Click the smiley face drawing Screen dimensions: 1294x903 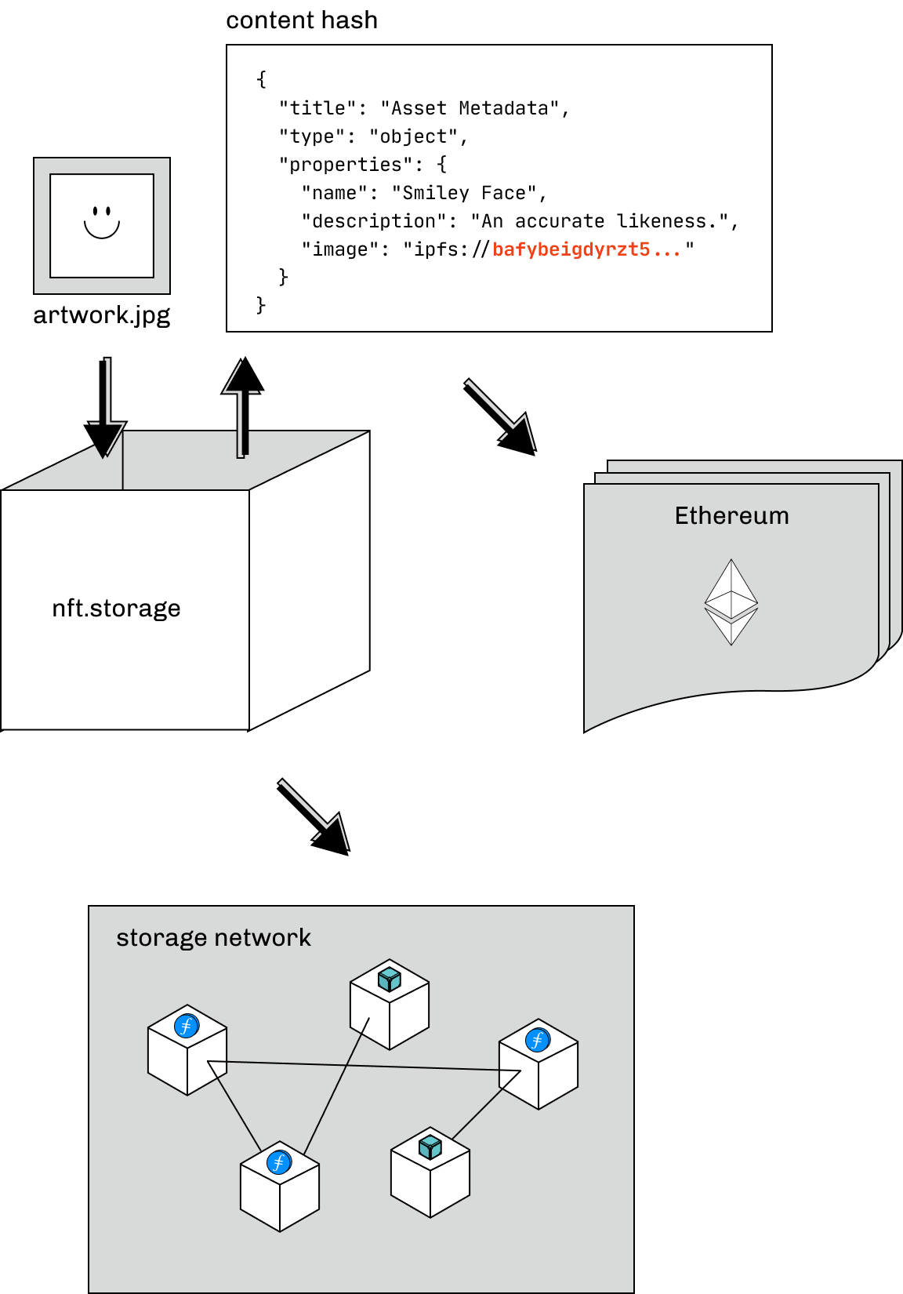point(102,222)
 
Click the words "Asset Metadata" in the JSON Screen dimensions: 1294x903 point(470,108)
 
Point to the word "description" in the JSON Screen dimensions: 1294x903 point(374,221)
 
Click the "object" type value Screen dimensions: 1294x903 point(413,136)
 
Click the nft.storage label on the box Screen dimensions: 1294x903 point(116,609)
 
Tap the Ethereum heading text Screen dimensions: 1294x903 point(731,516)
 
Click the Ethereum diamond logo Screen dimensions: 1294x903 point(731,602)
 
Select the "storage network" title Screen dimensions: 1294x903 point(213,938)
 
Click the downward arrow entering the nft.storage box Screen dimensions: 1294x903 point(108,408)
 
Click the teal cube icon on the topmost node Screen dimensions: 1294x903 point(390,980)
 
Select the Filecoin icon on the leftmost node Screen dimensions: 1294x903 point(187,1026)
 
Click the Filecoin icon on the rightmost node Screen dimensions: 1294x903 point(538,1040)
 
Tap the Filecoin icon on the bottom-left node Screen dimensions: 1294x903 point(279,1162)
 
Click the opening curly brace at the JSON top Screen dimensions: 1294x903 point(262,79)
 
